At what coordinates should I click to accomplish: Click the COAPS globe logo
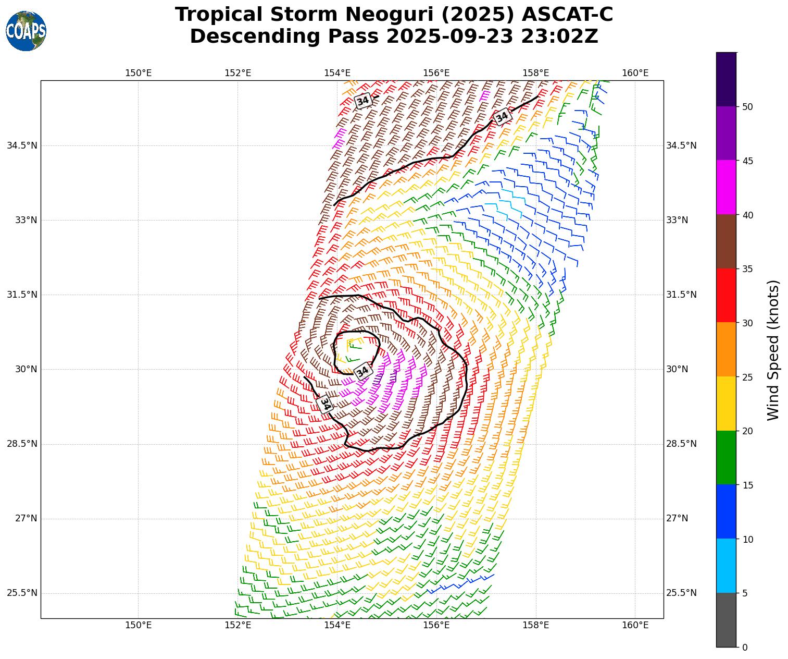point(26,31)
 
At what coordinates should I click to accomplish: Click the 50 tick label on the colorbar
point(748,107)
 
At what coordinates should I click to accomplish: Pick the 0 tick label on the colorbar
point(745,648)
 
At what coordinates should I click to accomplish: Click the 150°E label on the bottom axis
point(139,626)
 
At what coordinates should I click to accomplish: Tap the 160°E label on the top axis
point(635,73)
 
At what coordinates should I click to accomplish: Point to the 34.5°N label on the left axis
point(22,145)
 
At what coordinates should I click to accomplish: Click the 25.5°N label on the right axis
point(681,593)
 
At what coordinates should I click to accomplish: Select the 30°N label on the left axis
point(26,369)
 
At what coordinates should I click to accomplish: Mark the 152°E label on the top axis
point(238,73)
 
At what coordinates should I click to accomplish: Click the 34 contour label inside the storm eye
point(363,372)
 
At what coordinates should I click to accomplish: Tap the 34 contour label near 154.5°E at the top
point(362,101)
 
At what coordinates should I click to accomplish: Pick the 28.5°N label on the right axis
point(681,444)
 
